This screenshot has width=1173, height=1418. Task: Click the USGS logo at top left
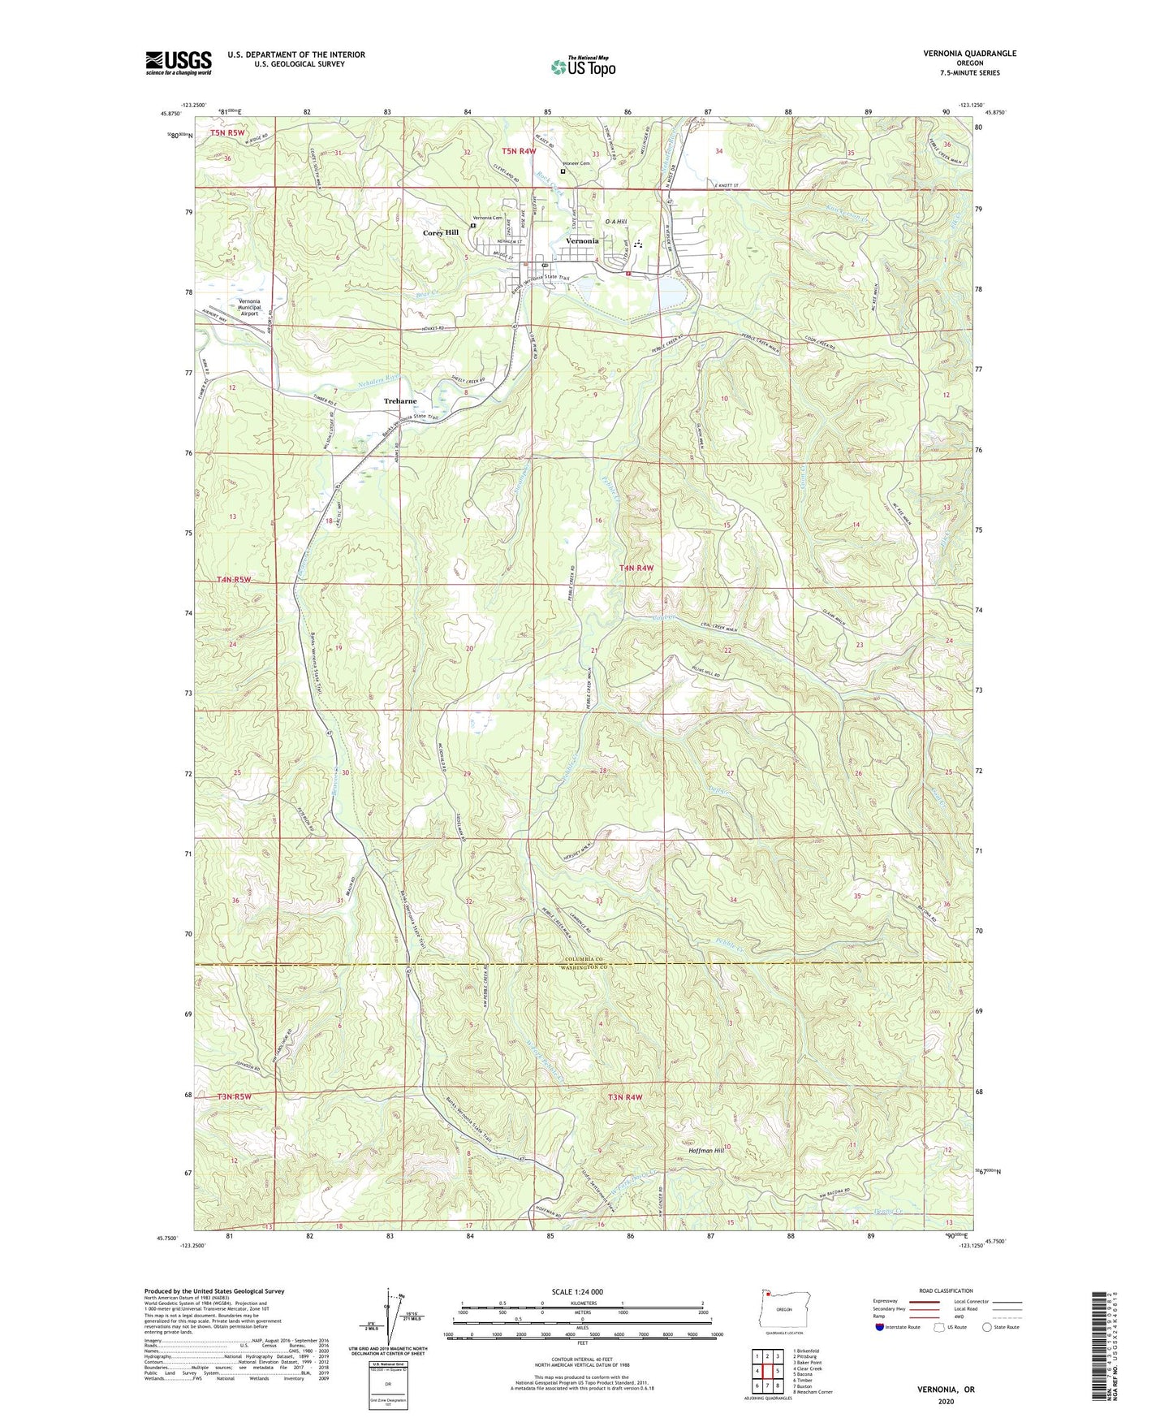(179, 63)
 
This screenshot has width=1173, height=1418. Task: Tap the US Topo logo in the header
(582, 67)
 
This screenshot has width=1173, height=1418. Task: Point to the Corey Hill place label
(441, 233)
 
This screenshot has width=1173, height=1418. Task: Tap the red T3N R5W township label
(235, 1097)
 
